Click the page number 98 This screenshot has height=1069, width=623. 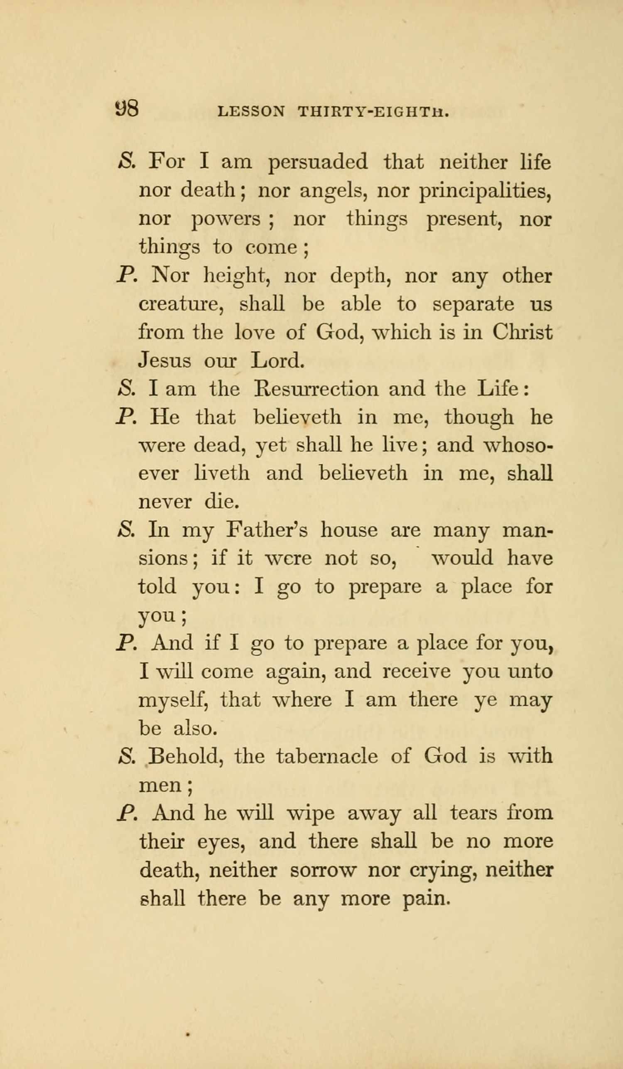coord(127,110)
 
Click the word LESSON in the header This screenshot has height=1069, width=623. coord(251,112)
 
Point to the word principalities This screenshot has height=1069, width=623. coord(485,192)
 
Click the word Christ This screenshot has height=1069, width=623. coord(522,332)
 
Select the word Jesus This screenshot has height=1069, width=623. coord(165,361)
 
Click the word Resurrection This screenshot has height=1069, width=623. coord(316,389)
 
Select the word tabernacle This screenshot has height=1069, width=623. coord(326,757)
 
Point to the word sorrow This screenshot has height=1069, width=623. coord(321,870)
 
